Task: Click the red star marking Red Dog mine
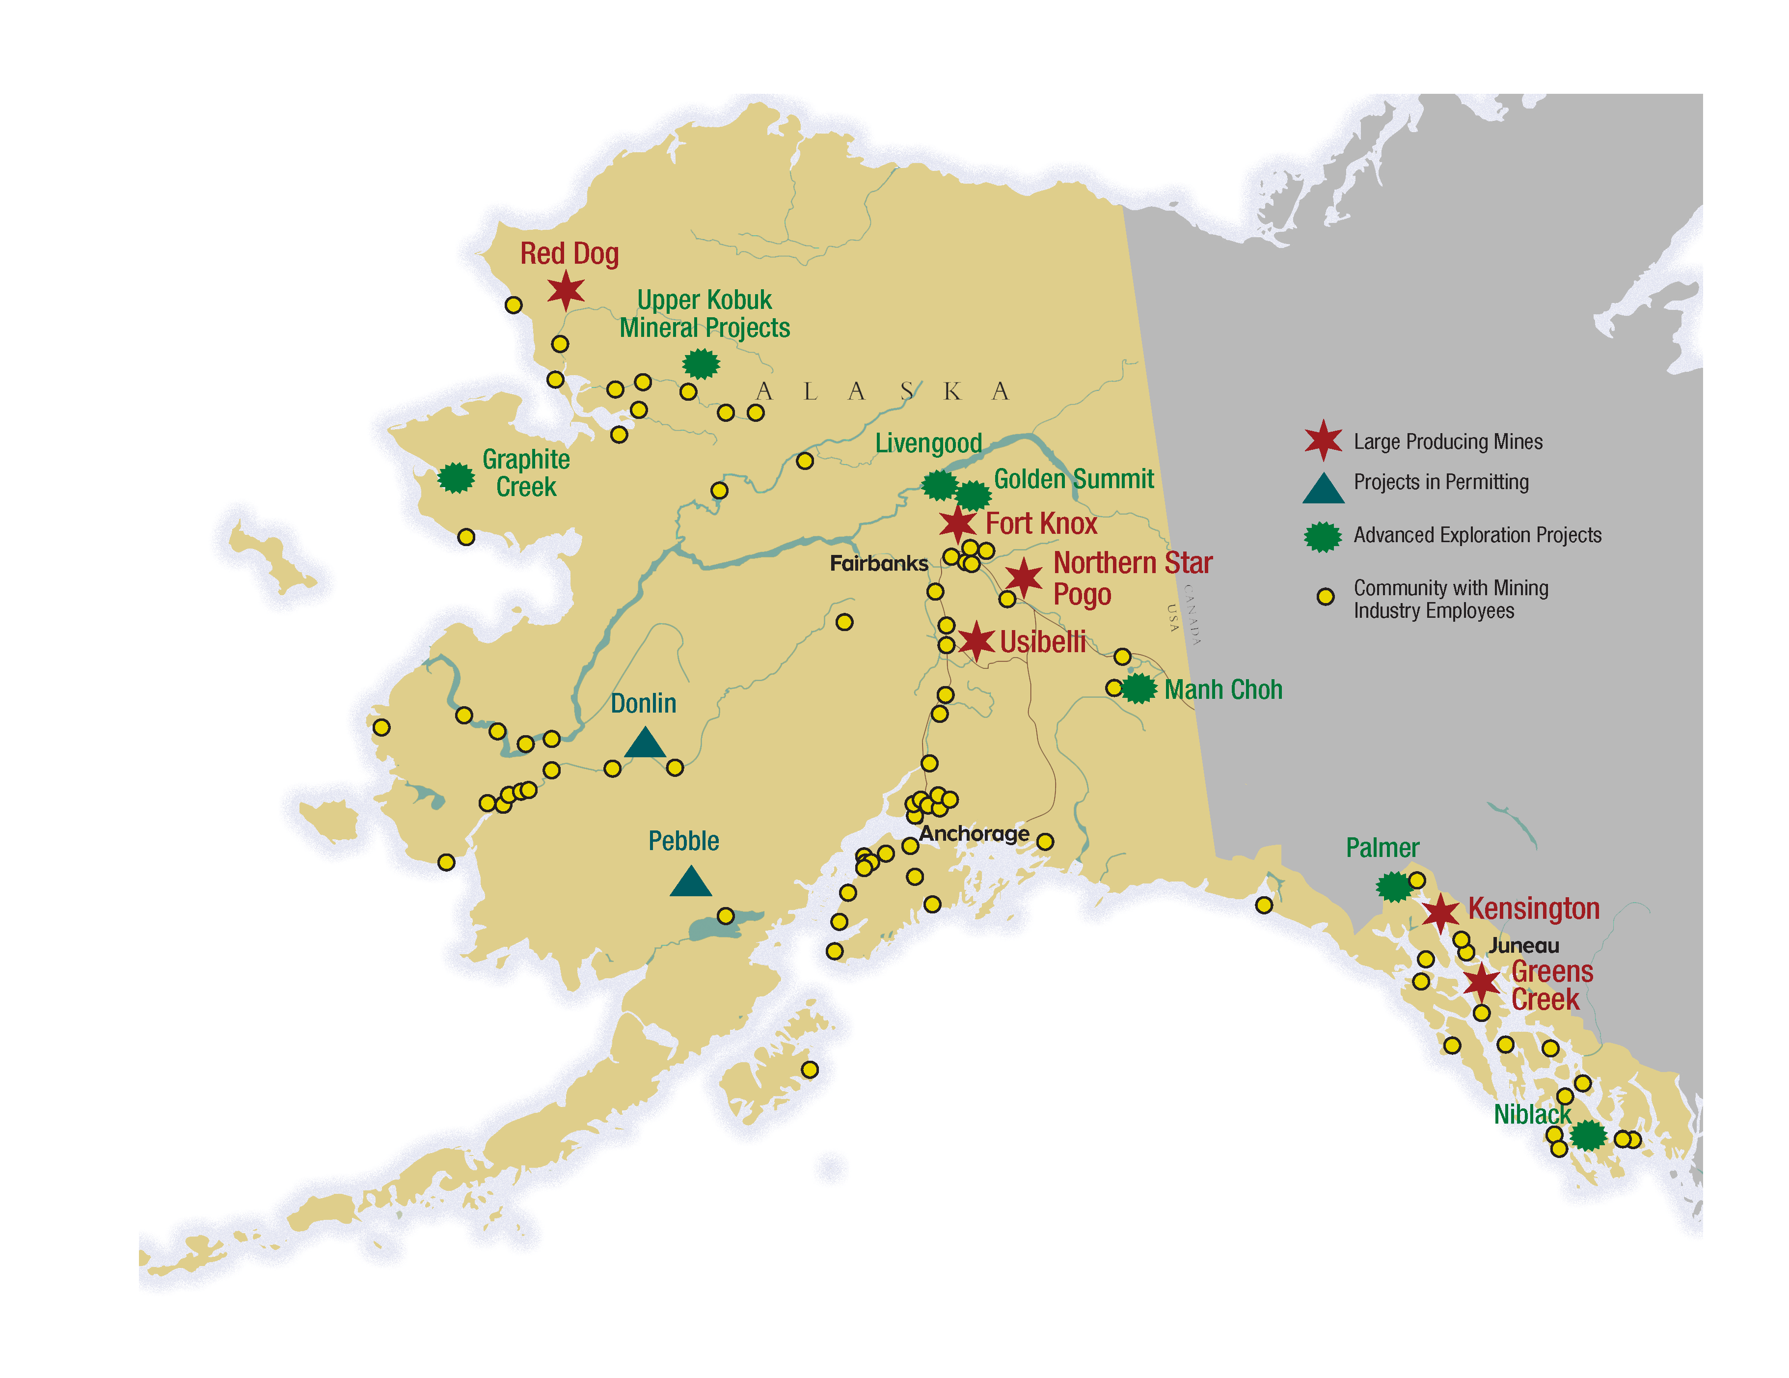pyautogui.click(x=565, y=291)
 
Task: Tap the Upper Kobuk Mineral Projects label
pyautogui.click(x=705, y=314)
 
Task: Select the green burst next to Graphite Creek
pyautogui.click(x=456, y=478)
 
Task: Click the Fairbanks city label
pyautogui.click(x=878, y=564)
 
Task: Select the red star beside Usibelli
pyautogui.click(x=976, y=641)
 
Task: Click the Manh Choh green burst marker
pyautogui.click(x=1138, y=689)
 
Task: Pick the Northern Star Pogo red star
pyautogui.click(x=1023, y=578)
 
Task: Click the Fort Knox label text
pyautogui.click(x=1041, y=524)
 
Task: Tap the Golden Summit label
pyautogui.click(x=1073, y=479)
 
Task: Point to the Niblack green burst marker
pyautogui.click(x=1588, y=1135)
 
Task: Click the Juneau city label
pyautogui.click(x=1523, y=945)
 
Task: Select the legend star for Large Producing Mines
pyautogui.click(x=1323, y=441)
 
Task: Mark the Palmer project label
pyautogui.click(x=1382, y=848)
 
